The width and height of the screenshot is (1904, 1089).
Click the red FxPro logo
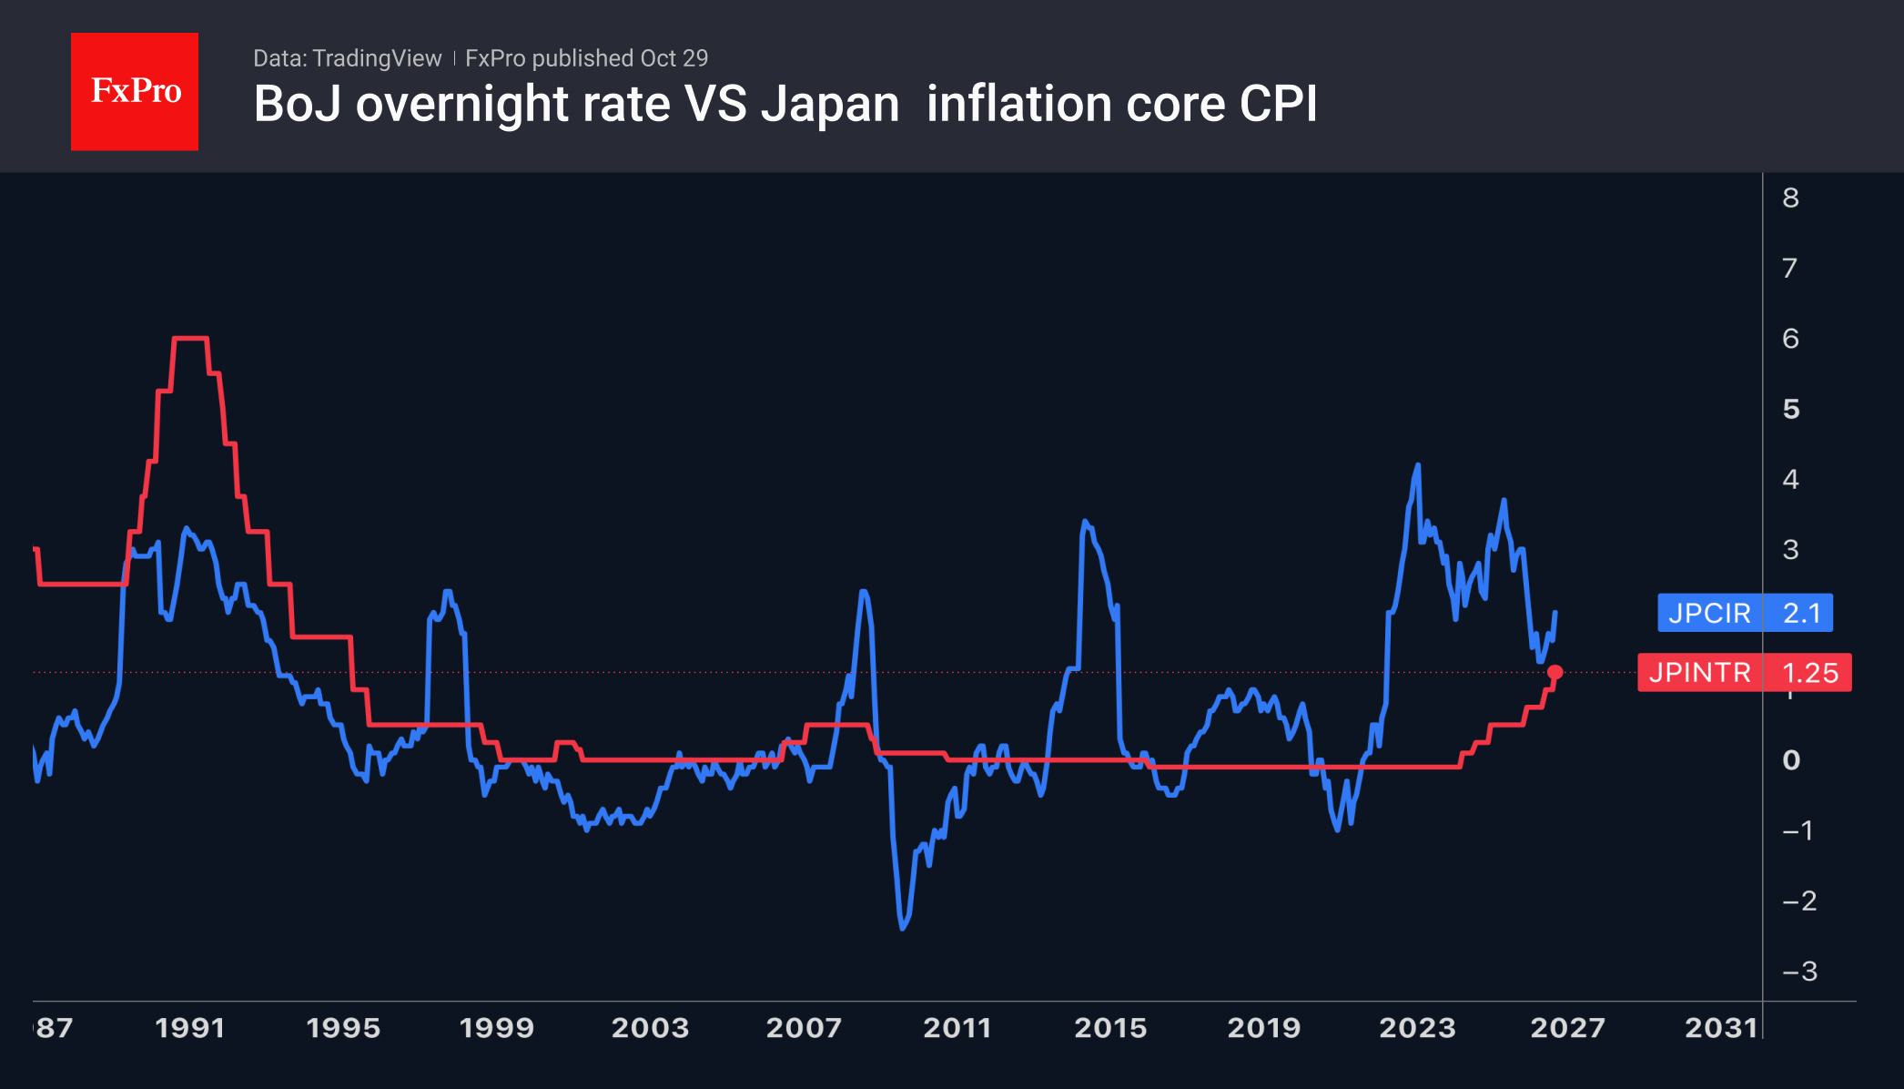pyautogui.click(x=135, y=91)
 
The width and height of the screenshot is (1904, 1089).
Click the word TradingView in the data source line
pyautogui.click(x=377, y=58)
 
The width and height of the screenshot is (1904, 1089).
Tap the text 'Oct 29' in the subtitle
pyautogui.click(x=673, y=58)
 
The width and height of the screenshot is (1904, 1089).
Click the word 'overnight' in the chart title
pyautogui.click(x=462, y=105)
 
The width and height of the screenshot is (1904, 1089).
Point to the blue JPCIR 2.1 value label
pyautogui.click(x=1745, y=613)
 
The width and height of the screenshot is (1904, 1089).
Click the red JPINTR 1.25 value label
pyautogui.click(x=1745, y=673)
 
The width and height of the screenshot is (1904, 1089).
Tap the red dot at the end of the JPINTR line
pyautogui.click(x=1555, y=672)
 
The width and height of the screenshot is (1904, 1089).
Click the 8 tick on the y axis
pyautogui.click(x=1790, y=198)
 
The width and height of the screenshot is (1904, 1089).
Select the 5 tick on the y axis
pyautogui.click(x=1790, y=409)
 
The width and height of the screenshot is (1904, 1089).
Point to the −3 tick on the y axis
pyautogui.click(x=1799, y=972)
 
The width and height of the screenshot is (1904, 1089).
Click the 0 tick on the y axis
pyautogui.click(x=1790, y=760)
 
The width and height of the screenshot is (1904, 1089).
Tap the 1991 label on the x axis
pyautogui.click(x=189, y=1028)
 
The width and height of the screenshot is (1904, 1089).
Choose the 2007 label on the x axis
pyautogui.click(x=803, y=1028)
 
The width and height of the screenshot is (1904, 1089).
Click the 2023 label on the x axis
pyautogui.click(x=1417, y=1028)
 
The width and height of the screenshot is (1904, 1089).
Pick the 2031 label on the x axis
pyautogui.click(x=1721, y=1028)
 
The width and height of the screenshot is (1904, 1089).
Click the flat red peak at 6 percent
pyautogui.click(x=190, y=339)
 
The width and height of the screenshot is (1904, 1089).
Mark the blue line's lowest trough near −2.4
pyautogui.click(x=903, y=928)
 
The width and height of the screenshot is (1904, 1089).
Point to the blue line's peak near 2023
pyautogui.click(x=1418, y=465)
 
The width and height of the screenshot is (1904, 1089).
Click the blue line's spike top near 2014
pyautogui.click(x=1084, y=522)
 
